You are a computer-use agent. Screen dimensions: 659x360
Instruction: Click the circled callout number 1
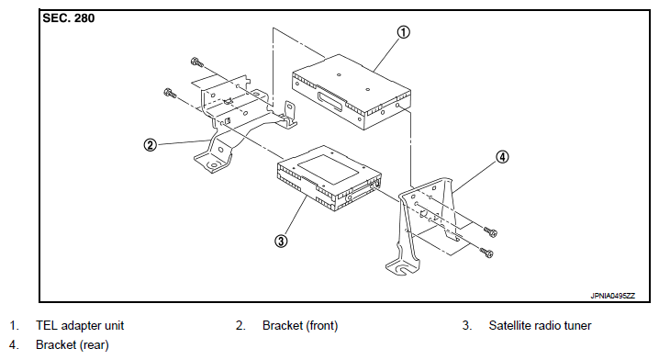[x=403, y=32]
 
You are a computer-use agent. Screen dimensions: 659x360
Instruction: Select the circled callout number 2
[x=150, y=145]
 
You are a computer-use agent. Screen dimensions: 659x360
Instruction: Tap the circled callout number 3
[x=281, y=241]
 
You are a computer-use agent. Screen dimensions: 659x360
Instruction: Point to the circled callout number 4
[x=502, y=157]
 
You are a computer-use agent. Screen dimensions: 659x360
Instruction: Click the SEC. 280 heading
[x=69, y=18]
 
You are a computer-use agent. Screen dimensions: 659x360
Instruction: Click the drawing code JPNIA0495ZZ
[x=613, y=296]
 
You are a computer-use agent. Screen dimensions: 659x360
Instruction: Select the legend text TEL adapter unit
[x=80, y=325]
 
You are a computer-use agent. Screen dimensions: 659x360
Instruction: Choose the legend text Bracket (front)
[x=300, y=325]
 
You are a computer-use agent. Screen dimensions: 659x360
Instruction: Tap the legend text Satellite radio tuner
[x=540, y=325]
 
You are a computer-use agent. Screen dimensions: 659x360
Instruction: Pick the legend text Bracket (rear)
[x=73, y=345]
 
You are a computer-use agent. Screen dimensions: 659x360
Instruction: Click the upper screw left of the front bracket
[x=196, y=62]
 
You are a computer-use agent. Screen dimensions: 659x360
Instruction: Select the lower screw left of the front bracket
[x=170, y=93]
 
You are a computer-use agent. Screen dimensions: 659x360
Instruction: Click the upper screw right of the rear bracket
[x=490, y=231]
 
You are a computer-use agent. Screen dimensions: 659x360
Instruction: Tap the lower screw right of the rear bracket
[x=486, y=253]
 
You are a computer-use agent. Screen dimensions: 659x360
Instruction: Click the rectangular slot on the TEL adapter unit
[x=332, y=101]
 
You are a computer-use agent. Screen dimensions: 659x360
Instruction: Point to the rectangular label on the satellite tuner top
[x=329, y=169]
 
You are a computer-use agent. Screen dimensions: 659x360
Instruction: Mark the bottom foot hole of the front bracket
[x=215, y=165]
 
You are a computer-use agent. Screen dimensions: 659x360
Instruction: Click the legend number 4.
[x=14, y=345]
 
